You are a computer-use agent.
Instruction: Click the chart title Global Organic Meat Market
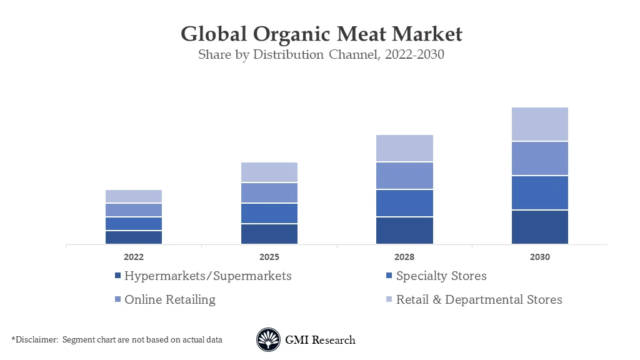(321, 33)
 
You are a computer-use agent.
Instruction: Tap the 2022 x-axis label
(133, 257)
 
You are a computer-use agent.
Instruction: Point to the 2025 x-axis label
(269, 257)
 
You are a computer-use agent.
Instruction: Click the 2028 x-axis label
(404, 257)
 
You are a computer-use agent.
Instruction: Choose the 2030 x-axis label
(539, 257)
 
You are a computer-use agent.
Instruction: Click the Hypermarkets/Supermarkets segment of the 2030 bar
(539, 227)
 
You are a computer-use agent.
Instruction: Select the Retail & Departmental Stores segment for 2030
(539, 124)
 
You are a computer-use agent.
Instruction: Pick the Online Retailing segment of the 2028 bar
(404, 176)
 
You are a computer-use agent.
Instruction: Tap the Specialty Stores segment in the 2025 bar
(269, 213)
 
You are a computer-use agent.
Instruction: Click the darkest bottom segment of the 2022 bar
(133, 237)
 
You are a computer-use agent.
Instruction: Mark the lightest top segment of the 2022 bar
(133, 196)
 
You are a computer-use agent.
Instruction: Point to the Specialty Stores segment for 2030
(539, 192)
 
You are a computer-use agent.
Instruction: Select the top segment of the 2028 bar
(404, 148)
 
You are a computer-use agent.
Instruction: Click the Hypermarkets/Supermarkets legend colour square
(117, 276)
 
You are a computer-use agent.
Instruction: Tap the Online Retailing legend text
(169, 299)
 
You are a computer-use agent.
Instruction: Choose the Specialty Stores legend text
(441, 276)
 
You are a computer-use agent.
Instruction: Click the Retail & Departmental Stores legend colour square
(389, 300)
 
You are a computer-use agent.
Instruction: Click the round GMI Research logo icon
(268, 340)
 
